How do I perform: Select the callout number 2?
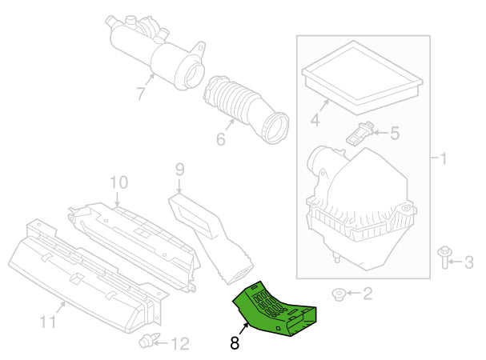point(368,294)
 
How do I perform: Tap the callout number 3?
point(469,261)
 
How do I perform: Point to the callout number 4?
point(315,121)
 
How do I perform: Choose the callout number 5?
point(394,134)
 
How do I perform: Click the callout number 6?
point(220,138)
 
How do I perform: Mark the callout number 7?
point(141,94)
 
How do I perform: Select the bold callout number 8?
point(234,344)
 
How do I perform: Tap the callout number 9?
point(179,169)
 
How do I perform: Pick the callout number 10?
point(118,183)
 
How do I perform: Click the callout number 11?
point(48,324)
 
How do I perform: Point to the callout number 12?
point(180,344)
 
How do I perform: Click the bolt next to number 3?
point(444,258)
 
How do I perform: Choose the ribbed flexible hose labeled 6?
point(244,106)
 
